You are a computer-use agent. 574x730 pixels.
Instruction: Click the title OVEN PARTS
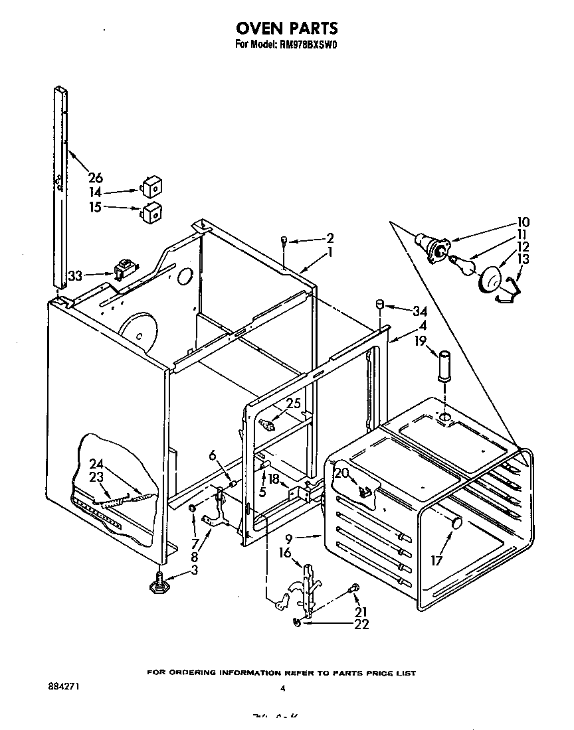point(287,28)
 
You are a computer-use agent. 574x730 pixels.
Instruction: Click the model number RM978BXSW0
point(310,45)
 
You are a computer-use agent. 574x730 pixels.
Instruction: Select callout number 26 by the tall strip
point(96,177)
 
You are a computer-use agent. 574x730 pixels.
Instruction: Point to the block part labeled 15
point(153,212)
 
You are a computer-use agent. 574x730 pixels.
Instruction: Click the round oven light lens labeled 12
point(490,279)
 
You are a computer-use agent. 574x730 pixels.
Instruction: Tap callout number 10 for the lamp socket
point(524,222)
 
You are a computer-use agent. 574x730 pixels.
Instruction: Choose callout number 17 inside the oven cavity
point(436,561)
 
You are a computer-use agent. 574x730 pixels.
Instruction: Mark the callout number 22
point(362,624)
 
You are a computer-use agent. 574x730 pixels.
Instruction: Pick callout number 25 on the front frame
point(293,403)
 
